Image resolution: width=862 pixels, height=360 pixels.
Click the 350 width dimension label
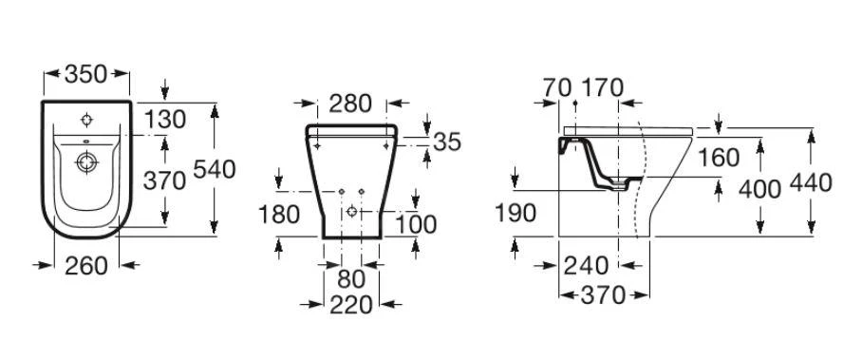(86, 73)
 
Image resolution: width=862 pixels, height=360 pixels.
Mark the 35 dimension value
(447, 142)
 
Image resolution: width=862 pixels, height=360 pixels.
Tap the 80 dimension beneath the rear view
(350, 281)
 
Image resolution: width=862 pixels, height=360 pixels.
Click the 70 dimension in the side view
(558, 88)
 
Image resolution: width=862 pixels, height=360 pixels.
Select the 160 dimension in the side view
(719, 158)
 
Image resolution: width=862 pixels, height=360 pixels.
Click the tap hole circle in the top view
(86, 121)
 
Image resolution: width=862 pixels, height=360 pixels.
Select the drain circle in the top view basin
(87, 163)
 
